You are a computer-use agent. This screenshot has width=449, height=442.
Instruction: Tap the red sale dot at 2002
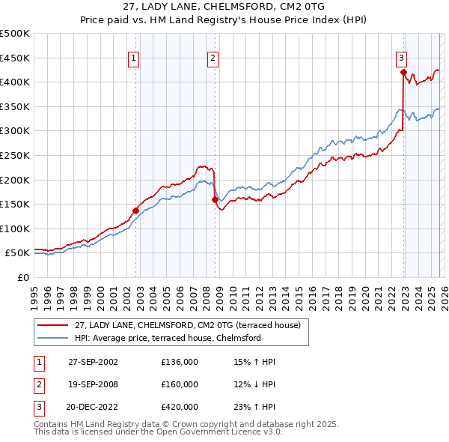click(135, 211)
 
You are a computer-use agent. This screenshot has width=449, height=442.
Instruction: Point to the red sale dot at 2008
click(215, 199)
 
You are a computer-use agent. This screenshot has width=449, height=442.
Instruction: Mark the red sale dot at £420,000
click(403, 73)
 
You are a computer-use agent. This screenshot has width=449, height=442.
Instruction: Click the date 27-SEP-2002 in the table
click(93, 362)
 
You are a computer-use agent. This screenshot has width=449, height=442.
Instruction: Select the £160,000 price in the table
click(180, 384)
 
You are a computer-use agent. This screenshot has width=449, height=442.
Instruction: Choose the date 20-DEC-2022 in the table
click(93, 407)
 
